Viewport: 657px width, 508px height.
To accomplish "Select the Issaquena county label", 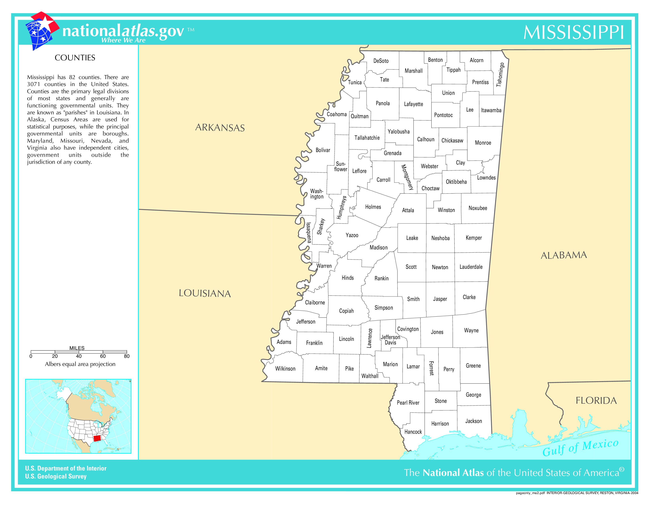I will click(x=309, y=233).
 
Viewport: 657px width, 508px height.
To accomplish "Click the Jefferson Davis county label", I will click(x=390, y=340).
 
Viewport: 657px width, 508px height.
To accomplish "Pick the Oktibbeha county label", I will click(x=456, y=182).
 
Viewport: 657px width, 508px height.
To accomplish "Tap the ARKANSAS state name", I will click(x=220, y=128).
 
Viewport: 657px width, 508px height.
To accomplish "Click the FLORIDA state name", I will click(x=596, y=401).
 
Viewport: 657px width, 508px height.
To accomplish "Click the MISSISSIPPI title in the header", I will click(x=573, y=32).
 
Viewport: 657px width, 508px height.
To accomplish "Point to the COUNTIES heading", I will click(x=75, y=58).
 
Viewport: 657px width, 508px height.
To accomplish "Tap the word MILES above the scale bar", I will click(x=77, y=348).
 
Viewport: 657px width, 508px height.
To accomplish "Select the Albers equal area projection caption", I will click(x=80, y=364).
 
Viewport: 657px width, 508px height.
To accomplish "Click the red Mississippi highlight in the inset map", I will click(x=97, y=438).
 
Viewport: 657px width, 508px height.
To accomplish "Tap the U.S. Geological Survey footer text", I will click(x=56, y=476).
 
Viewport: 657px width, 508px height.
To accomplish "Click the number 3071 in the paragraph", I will click(x=33, y=84).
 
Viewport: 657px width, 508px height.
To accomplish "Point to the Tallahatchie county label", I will click(x=367, y=138).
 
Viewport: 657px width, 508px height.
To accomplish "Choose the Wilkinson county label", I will click(x=285, y=369).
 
